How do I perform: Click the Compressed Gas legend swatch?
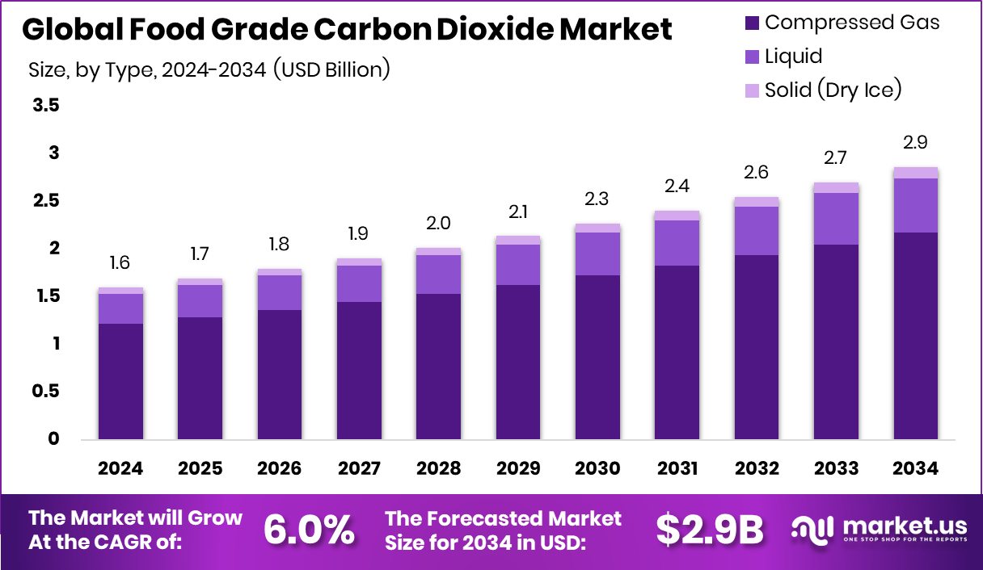[x=752, y=23]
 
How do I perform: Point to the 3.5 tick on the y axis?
[x=47, y=106]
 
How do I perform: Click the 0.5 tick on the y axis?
[x=47, y=392]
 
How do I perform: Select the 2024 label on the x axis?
[x=121, y=469]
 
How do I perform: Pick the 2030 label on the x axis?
[x=598, y=469]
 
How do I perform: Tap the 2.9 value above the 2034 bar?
[x=915, y=143]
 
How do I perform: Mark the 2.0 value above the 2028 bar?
[x=439, y=223]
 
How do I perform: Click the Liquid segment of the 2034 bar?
[x=915, y=205]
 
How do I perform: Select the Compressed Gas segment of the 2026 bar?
[x=280, y=375]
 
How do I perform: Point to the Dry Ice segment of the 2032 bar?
[x=757, y=202]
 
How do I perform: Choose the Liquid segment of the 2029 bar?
[x=518, y=264]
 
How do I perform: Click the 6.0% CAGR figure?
[x=309, y=530]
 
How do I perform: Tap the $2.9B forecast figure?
[x=709, y=530]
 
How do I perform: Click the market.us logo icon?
[x=812, y=530]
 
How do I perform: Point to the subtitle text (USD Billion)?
[x=332, y=70]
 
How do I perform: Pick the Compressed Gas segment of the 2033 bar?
[x=836, y=342]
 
